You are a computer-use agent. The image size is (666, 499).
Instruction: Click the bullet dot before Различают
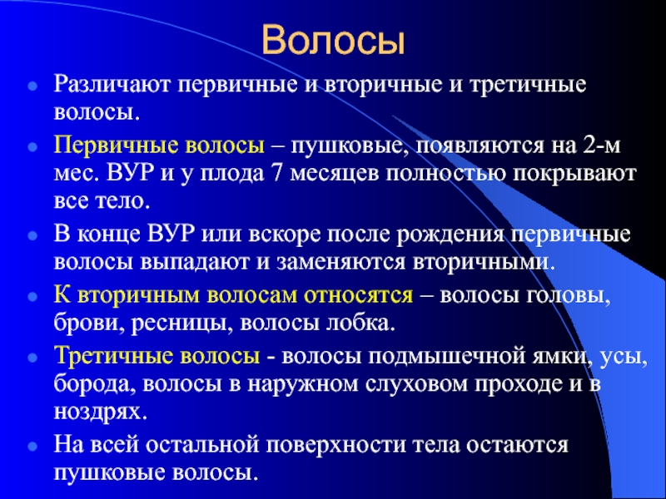point(32,86)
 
